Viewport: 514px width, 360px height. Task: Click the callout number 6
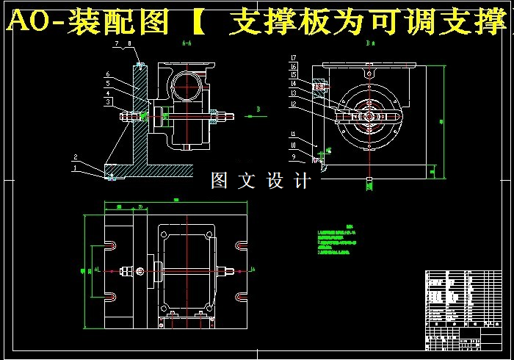tap(107, 74)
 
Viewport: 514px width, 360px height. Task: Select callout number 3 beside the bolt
tap(107, 102)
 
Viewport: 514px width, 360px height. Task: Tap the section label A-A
tap(187, 44)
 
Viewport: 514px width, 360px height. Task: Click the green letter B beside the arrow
tap(258, 109)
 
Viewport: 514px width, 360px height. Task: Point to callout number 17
tap(293, 57)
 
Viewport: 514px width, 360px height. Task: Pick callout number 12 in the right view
tap(293, 104)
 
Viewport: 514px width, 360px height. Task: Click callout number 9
tap(293, 156)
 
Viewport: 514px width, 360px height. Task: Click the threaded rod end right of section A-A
tap(228, 115)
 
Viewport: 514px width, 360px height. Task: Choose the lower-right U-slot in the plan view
tap(241, 297)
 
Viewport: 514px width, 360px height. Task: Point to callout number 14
tap(293, 84)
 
